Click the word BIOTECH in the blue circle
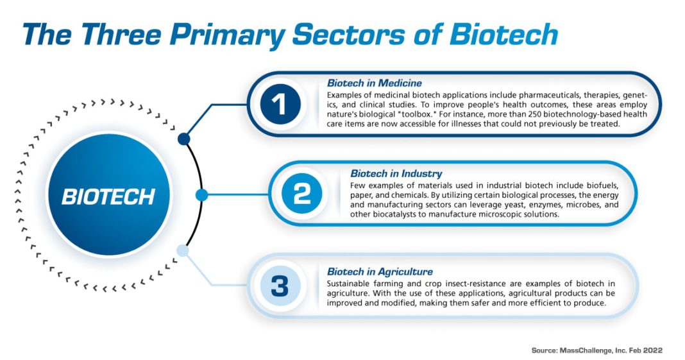coord(108,196)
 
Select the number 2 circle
coord(301,194)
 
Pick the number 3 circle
coord(280,286)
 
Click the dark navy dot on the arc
coord(184,139)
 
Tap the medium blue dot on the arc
coord(201,194)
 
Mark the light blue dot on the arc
coord(183,251)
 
